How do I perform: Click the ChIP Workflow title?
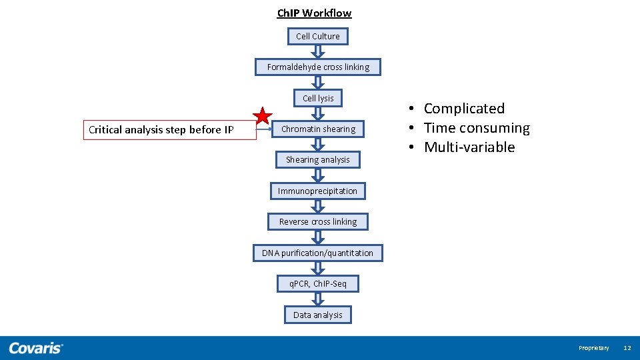point(314,13)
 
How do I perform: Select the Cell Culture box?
point(318,36)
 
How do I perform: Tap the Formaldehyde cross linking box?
point(318,67)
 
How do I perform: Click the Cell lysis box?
point(318,98)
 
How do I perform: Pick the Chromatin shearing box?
point(318,129)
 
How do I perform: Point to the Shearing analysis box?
point(318,159)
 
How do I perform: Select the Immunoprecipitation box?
point(318,191)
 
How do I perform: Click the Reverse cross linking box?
point(318,221)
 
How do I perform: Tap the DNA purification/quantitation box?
point(318,253)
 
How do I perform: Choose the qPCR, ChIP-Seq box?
point(318,283)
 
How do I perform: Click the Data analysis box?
point(318,315)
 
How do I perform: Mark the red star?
point(263,117)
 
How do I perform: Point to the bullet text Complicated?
point(464,108)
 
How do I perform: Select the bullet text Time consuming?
point(477,128)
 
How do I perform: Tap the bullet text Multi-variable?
point(469,147)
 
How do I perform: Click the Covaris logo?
point(36,347)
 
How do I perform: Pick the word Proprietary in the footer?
point(593,348)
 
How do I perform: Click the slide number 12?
point(627,348)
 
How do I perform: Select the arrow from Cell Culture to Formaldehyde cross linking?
point(318,51)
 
